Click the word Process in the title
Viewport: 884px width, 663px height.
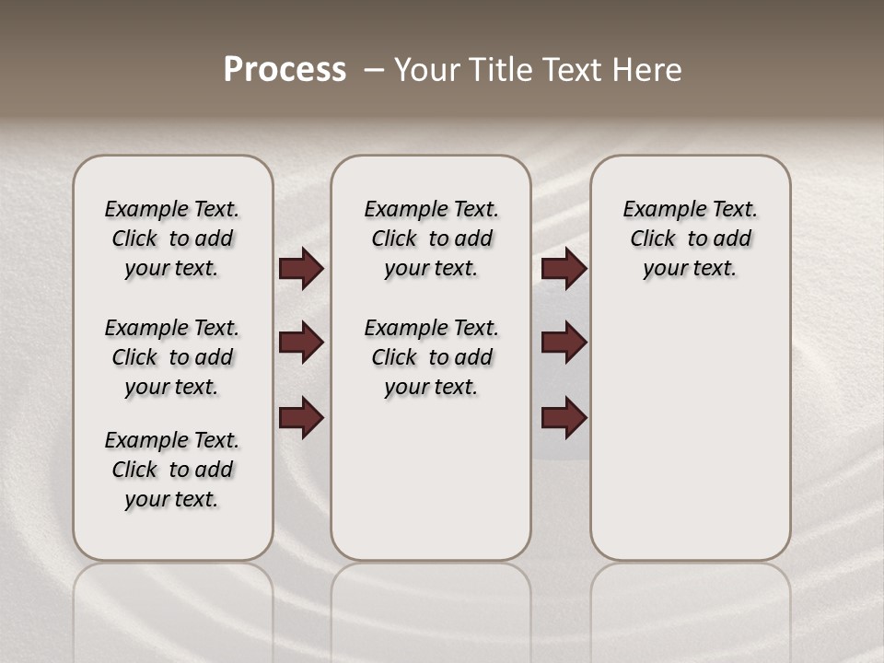(285, 70)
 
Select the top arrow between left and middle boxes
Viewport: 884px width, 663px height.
(301, 269)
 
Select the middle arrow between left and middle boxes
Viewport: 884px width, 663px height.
(301, 343)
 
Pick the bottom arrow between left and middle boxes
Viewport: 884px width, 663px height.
(301, 418)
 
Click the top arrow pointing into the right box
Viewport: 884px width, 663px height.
(564, 269)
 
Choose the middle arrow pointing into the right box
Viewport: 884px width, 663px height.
(564, 343)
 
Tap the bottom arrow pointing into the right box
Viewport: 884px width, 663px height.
(564, 418)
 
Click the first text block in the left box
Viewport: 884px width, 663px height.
(172, 238)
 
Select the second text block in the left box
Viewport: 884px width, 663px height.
(172, 357)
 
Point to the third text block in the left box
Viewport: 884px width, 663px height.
(172, 470)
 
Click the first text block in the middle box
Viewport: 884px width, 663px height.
(431, 238)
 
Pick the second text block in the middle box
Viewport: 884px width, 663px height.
(431, 357)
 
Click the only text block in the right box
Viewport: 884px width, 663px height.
(690, 238)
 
